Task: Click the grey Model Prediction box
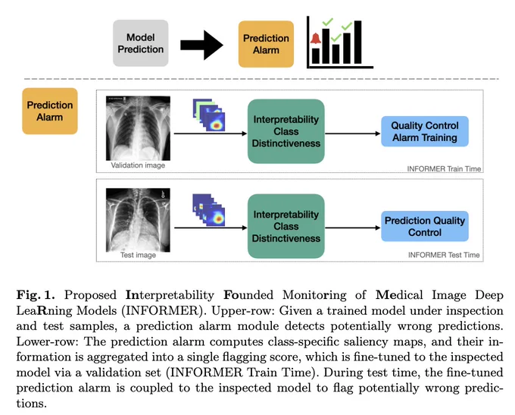[141, 43]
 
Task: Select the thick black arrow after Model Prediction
[201, 45]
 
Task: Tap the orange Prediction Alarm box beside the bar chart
[266, 44]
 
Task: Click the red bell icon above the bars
[316, 39]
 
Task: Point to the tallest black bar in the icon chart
[357, 42]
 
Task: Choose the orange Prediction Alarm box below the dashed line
[50, 111]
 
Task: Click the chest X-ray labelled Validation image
[138, 128]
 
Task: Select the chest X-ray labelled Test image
[138, 220]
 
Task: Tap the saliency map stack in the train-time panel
[209, 115]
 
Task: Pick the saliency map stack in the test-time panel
[209, 210]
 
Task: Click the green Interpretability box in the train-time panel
[286, 131]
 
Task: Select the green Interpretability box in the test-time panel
[286, 226]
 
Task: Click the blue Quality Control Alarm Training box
[425, 131]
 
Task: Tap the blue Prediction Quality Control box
[425, 226]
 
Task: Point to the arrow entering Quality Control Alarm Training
[353, 134]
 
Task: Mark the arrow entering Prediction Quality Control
[353, 228]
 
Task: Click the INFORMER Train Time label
[444, 169]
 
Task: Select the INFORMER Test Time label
[444, 255]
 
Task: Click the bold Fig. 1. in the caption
[36, 295]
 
